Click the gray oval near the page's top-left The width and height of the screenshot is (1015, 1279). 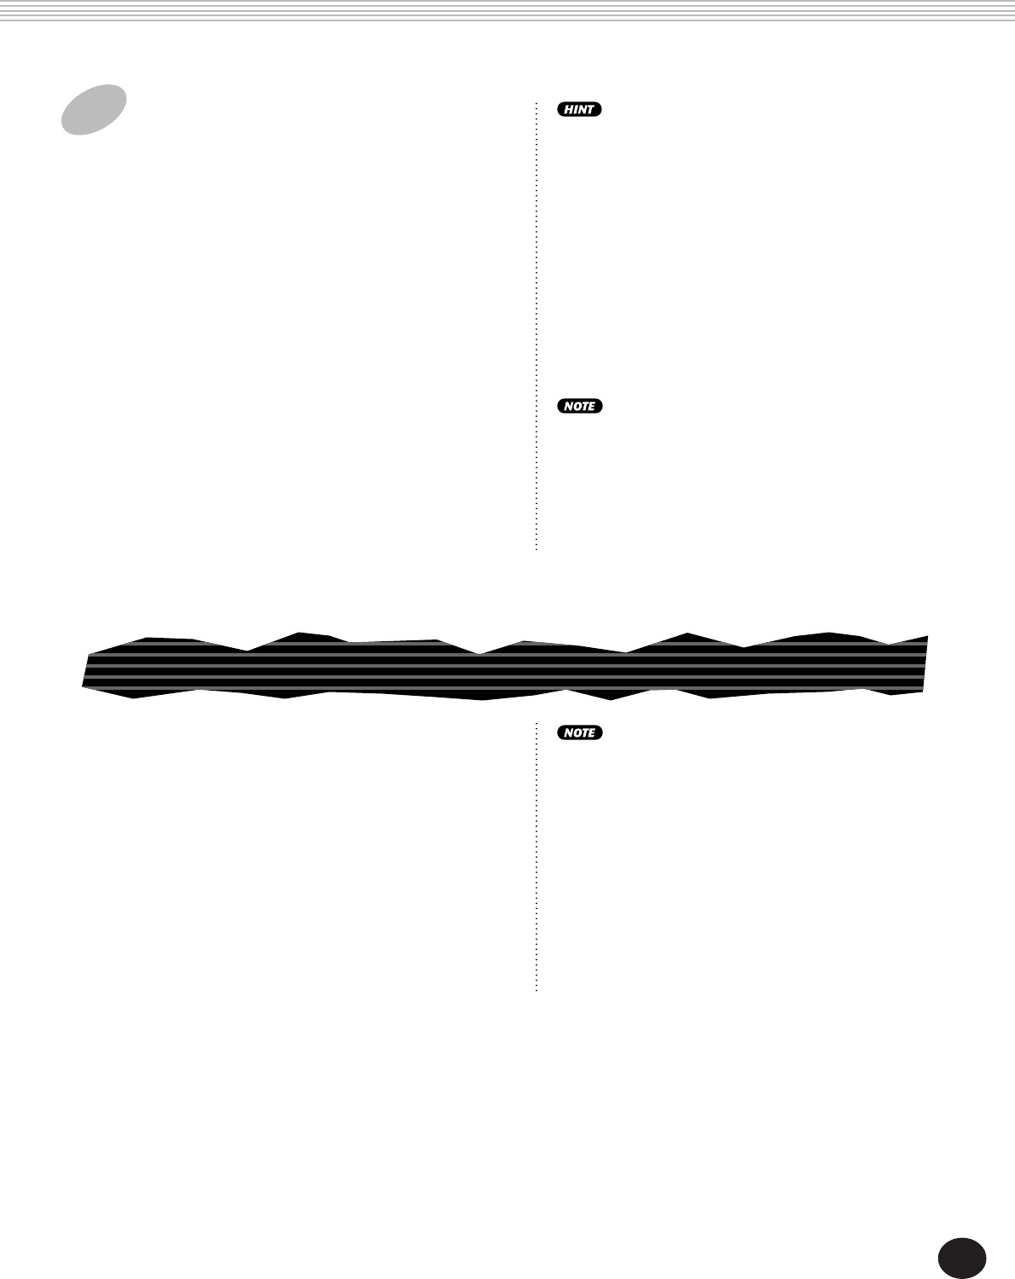[94, 110]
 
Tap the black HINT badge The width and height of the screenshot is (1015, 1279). [579, 109]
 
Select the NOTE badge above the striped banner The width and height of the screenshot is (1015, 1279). [580, 406]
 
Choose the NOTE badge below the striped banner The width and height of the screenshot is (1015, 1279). [580, 732]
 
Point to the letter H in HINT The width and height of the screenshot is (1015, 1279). [569, 109]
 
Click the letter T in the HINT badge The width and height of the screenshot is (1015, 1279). [590, 109]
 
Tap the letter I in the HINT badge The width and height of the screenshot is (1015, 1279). [576, 109]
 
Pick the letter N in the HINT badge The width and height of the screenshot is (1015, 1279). [582, 109]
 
